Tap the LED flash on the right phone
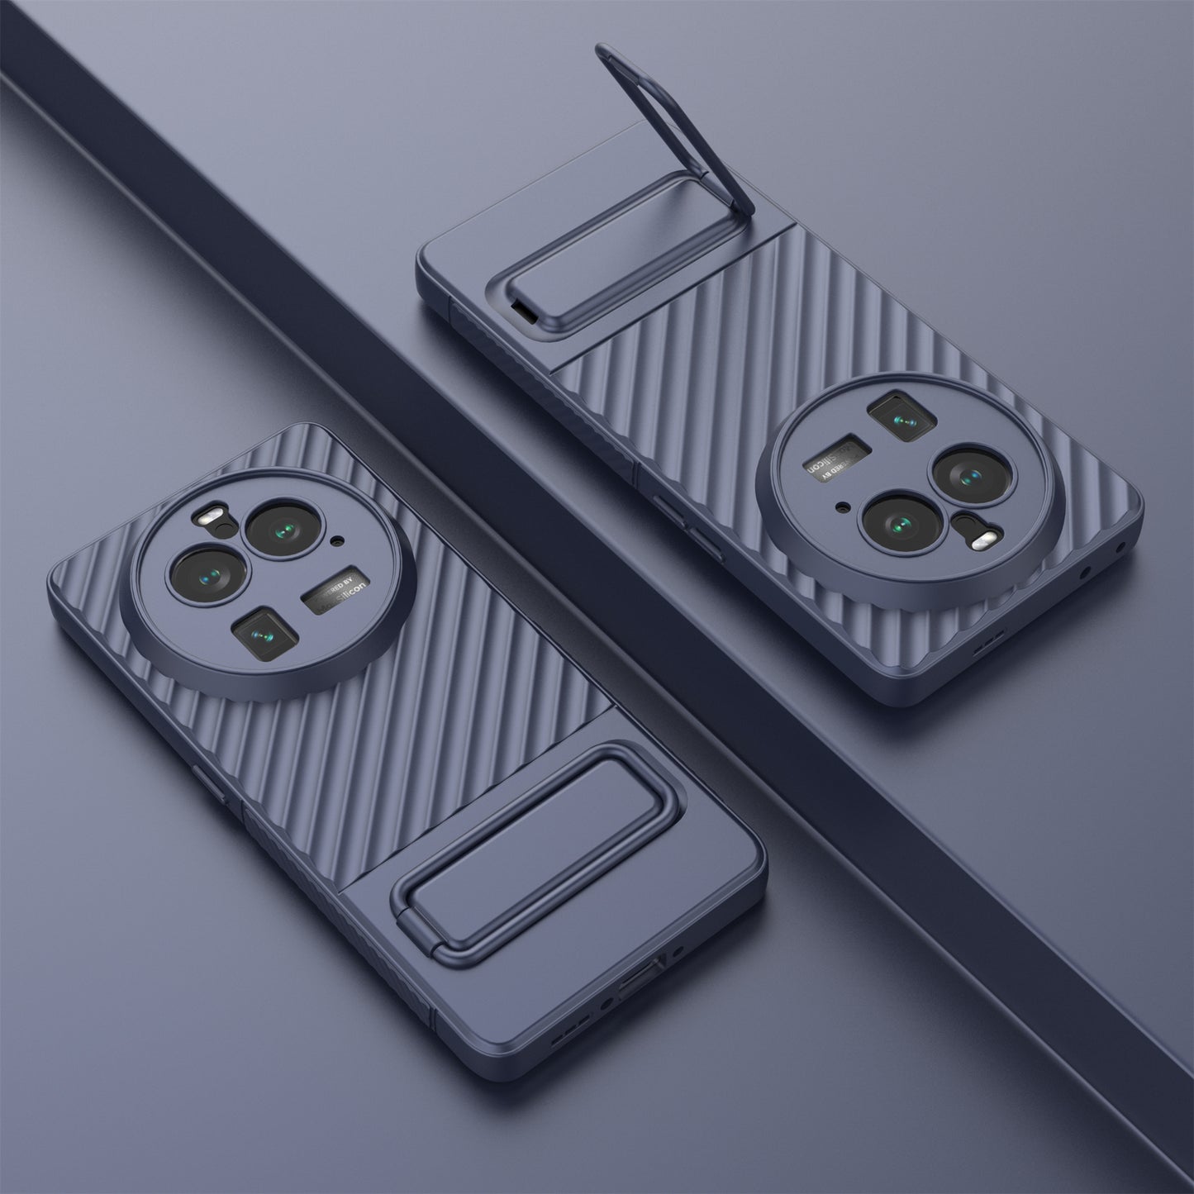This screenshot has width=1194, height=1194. (x=981, y=540)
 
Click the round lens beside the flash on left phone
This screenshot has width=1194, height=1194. (x=278, y=528)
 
